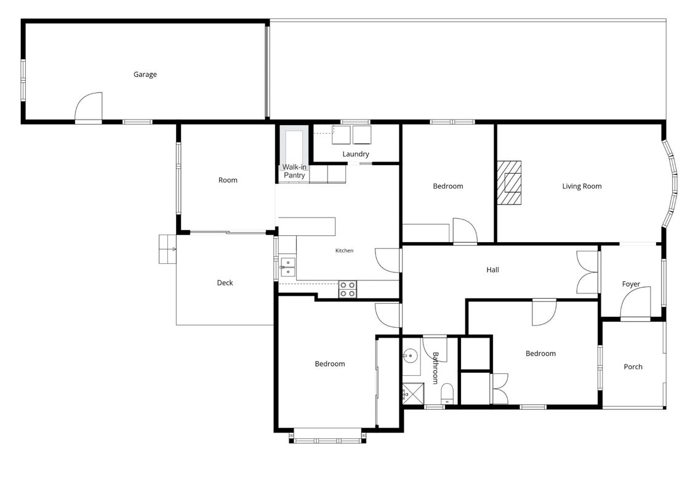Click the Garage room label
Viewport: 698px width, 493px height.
tap(145, 75)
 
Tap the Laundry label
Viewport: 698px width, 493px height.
tap(356, 154)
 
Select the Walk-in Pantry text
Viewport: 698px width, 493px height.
tap(294, 171)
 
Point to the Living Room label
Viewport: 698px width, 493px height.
tap(582, 186)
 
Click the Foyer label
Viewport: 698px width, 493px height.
tap(631, 284)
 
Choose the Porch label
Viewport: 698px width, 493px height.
tap(633, 367)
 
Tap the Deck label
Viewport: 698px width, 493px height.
tap(225, 283)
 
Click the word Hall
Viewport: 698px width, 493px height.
tap(493, 270)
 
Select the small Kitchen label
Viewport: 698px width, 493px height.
tap(344, 251)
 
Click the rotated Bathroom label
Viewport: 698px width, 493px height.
tap(435, 368)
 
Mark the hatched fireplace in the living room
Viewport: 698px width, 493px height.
tap(509, 183)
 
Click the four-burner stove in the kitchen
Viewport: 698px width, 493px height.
tap(348, 289)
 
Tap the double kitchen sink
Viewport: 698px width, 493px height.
tap(287, 267)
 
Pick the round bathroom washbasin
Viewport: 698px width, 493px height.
tap(410, 356)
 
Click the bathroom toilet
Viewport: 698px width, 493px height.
tap(447, 394)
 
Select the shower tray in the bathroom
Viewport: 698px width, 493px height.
tap(413, 394)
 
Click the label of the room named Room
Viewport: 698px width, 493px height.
tap(228, 180)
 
